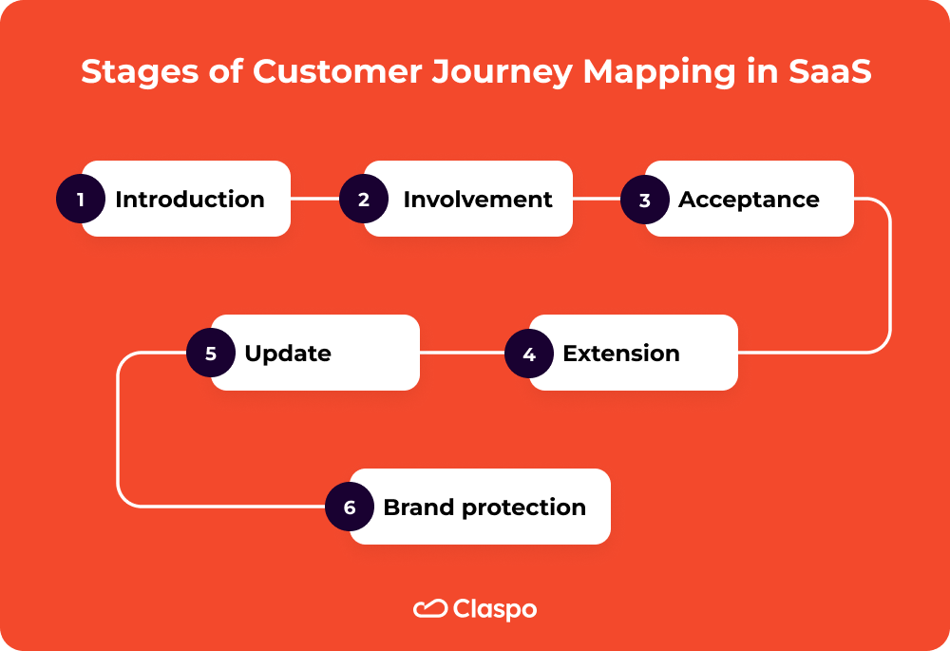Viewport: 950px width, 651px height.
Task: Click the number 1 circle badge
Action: pos(81,200)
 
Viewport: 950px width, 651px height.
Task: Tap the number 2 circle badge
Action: pos(363,200)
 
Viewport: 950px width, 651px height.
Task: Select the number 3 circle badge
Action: pos(645,201)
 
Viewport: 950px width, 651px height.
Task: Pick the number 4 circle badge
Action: pos(529,354)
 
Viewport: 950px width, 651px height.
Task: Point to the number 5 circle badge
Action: pos(211,354)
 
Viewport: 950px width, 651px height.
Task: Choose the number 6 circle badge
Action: pos(350,507)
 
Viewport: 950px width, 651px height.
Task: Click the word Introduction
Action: pos(190,200)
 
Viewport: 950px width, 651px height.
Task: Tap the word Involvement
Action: pos(477,200)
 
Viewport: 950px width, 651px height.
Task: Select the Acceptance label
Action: pos(749,200)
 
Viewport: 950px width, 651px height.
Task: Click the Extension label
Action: pos(621,354)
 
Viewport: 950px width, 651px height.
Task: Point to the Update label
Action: pos(288,354)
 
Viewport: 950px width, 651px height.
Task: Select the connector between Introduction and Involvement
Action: pos(313,200)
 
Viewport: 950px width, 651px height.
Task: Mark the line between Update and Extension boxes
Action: pos(462,354)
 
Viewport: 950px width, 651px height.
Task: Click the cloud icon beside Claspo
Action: pos(430,608)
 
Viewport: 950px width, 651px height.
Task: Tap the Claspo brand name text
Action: pos(495,609)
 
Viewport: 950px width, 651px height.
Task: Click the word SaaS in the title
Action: pos(830,73)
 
